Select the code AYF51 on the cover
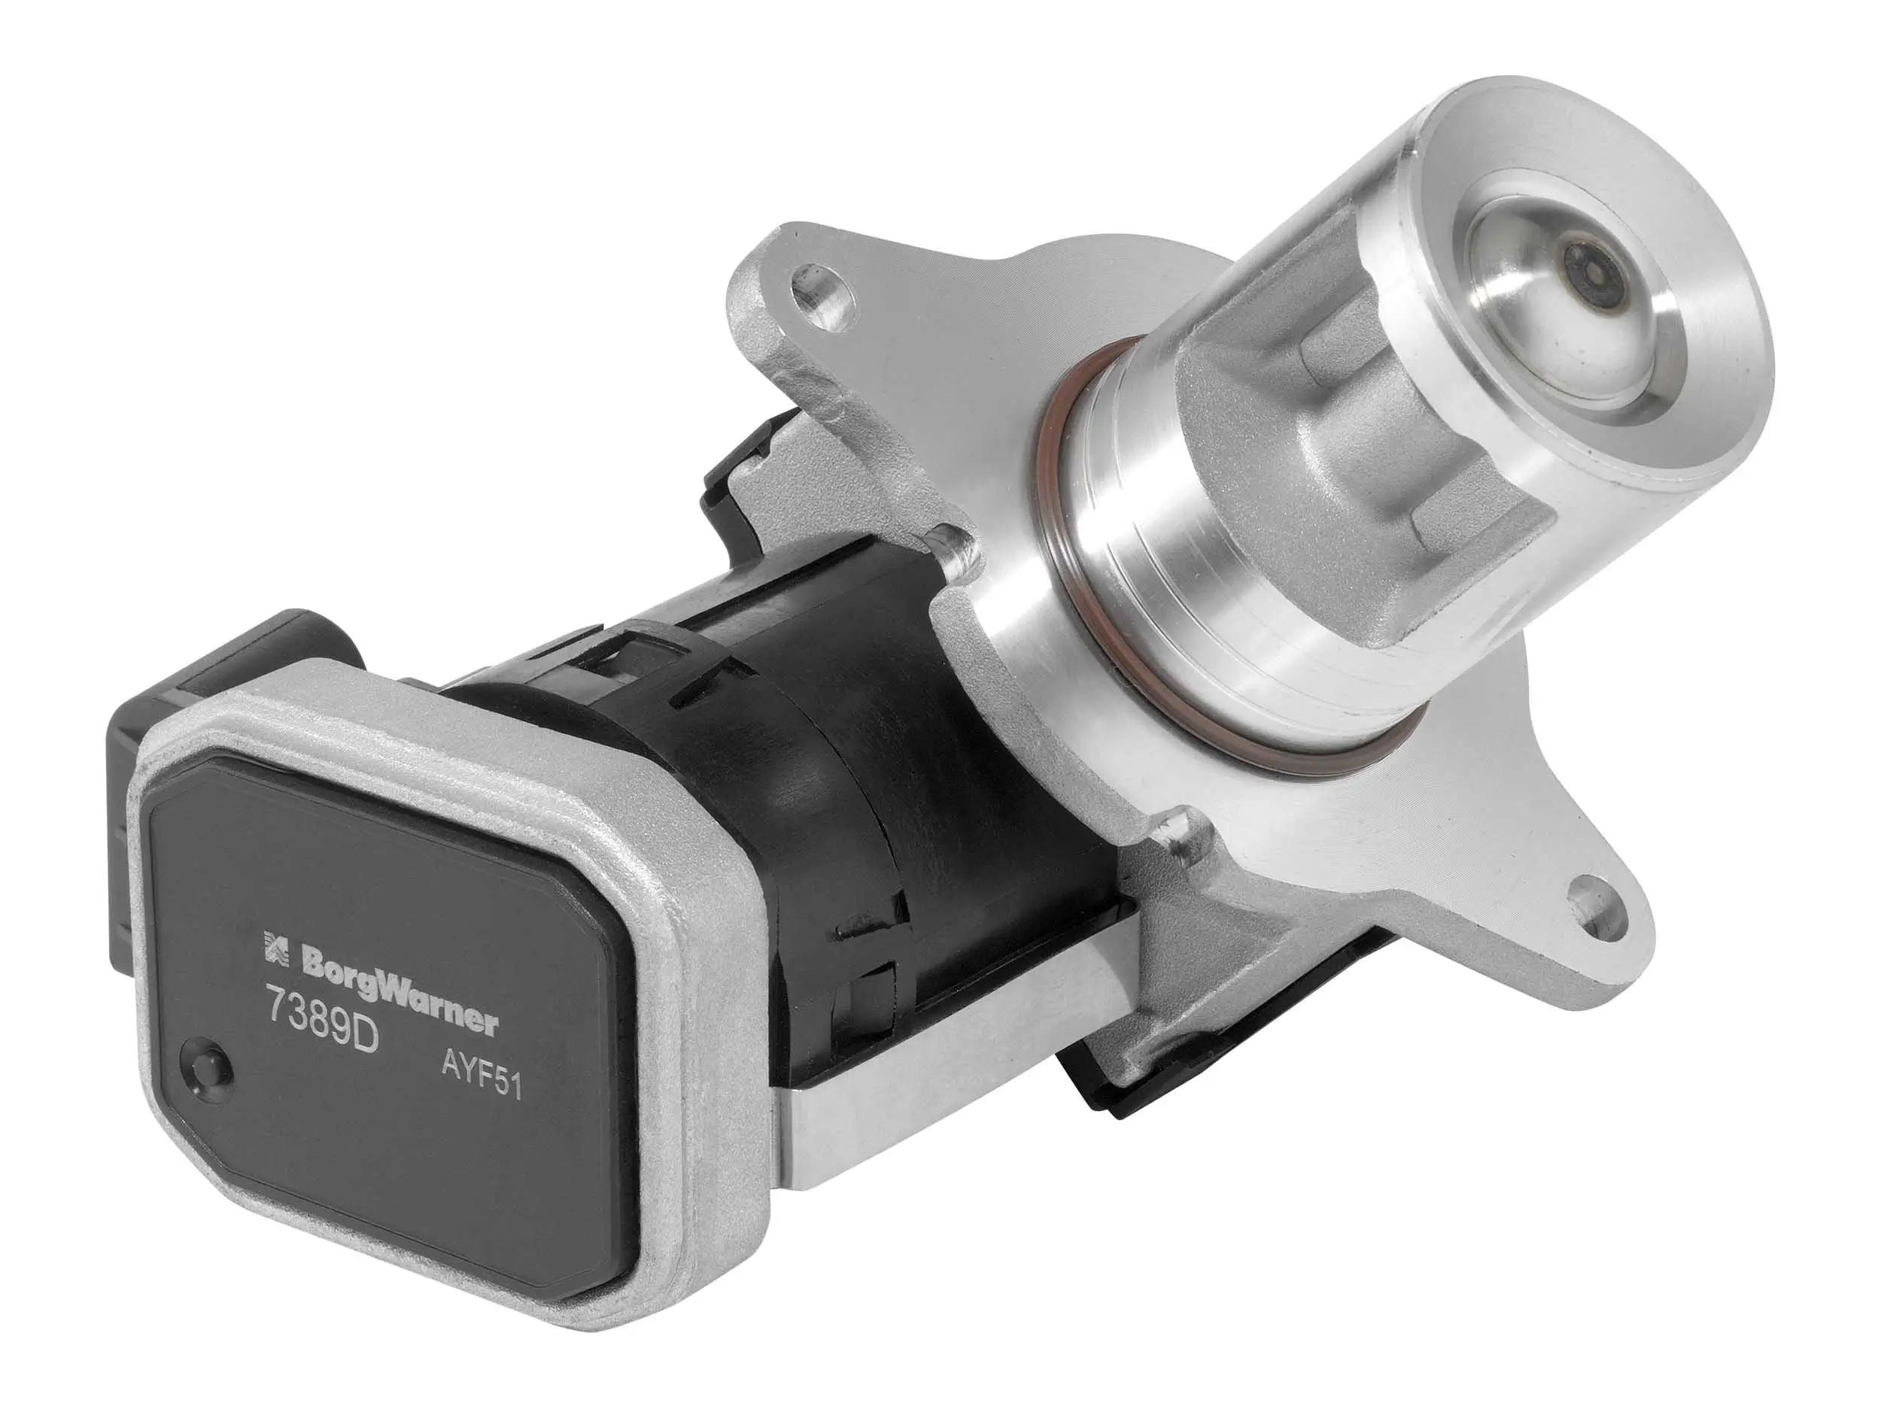481,1088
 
